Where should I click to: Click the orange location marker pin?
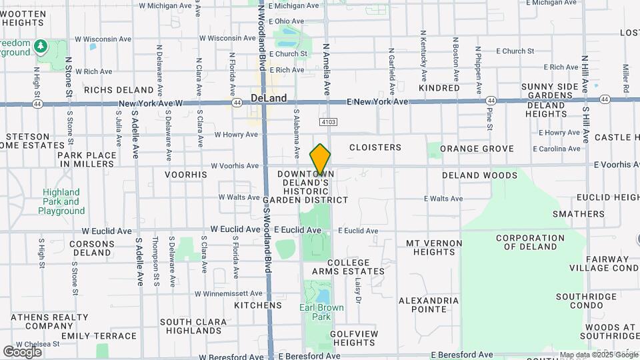tap(320, 160)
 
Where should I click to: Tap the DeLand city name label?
tap(269, 98)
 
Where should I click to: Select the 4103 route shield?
tap(327, 122)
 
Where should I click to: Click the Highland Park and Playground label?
tap(61, 201)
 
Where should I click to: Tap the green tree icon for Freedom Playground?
tap(41, 45)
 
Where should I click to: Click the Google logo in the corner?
tap(22, 351)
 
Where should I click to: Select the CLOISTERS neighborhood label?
tap(375, 147)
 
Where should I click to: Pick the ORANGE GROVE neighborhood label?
tap(477, 149)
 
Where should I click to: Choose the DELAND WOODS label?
tap(479, 175)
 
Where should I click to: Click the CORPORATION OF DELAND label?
tap(526, 242)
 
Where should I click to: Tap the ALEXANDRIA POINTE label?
tap(429, 305)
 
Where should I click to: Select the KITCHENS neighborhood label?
tap(258, 305)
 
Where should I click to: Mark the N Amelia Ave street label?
tap(326, 70)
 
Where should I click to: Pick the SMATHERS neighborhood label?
tap(578, 214)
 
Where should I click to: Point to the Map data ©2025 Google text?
tap(597, 355)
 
